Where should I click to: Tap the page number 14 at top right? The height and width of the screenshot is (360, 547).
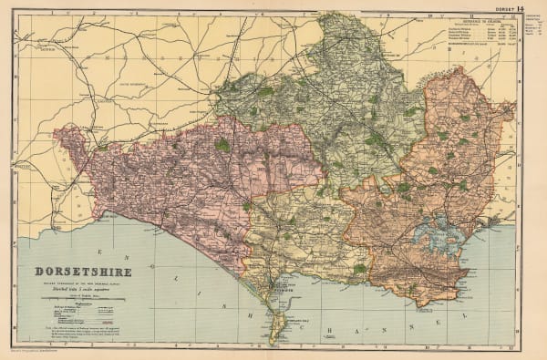click(x=521, y=9)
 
